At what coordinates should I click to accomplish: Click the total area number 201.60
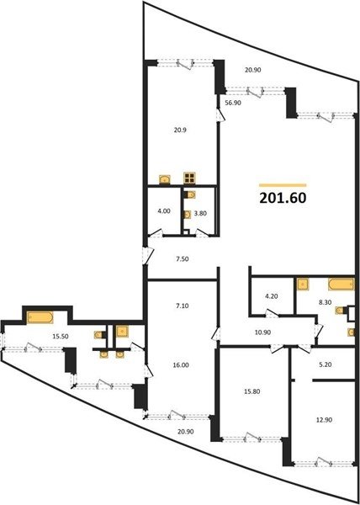(x=283, y=199)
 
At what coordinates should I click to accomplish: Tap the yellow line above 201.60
(x=283, y=185)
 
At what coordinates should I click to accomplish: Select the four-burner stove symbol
(x=189, y=178)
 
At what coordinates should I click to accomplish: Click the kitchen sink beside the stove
(x=165, y=179)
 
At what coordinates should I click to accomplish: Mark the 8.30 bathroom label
(x=326, y=303)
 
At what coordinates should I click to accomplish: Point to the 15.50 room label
(x=61, y=336)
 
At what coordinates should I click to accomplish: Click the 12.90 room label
(x=326, y=420)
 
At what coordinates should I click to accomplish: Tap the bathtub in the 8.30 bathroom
(x=341, y=284)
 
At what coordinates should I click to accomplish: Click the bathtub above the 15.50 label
(x=40, y=318)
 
